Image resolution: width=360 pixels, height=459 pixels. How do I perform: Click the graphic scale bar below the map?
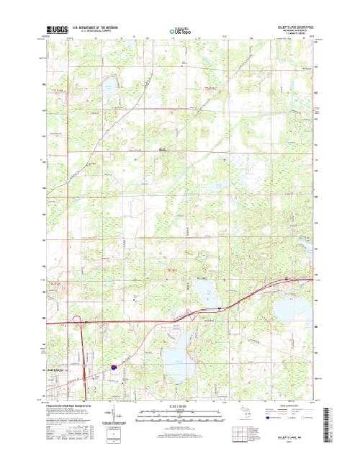coord(180,414)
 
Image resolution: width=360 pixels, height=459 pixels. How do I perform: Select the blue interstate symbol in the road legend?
coord(269,417)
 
